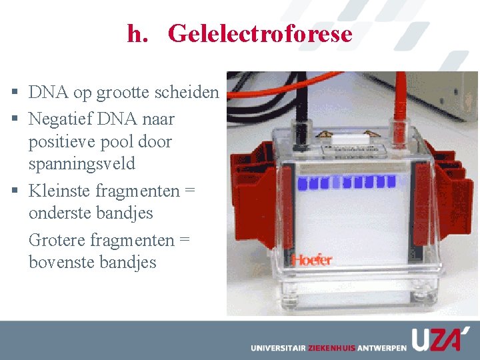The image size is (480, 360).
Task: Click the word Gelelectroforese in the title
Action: [260, 33]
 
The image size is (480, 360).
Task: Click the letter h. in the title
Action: [138, 33]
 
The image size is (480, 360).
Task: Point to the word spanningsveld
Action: [82, 164]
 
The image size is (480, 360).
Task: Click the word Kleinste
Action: [60, 191]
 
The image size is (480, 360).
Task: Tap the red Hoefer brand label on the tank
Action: [311, 259]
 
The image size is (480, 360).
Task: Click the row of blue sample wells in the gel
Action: [347, 181]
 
